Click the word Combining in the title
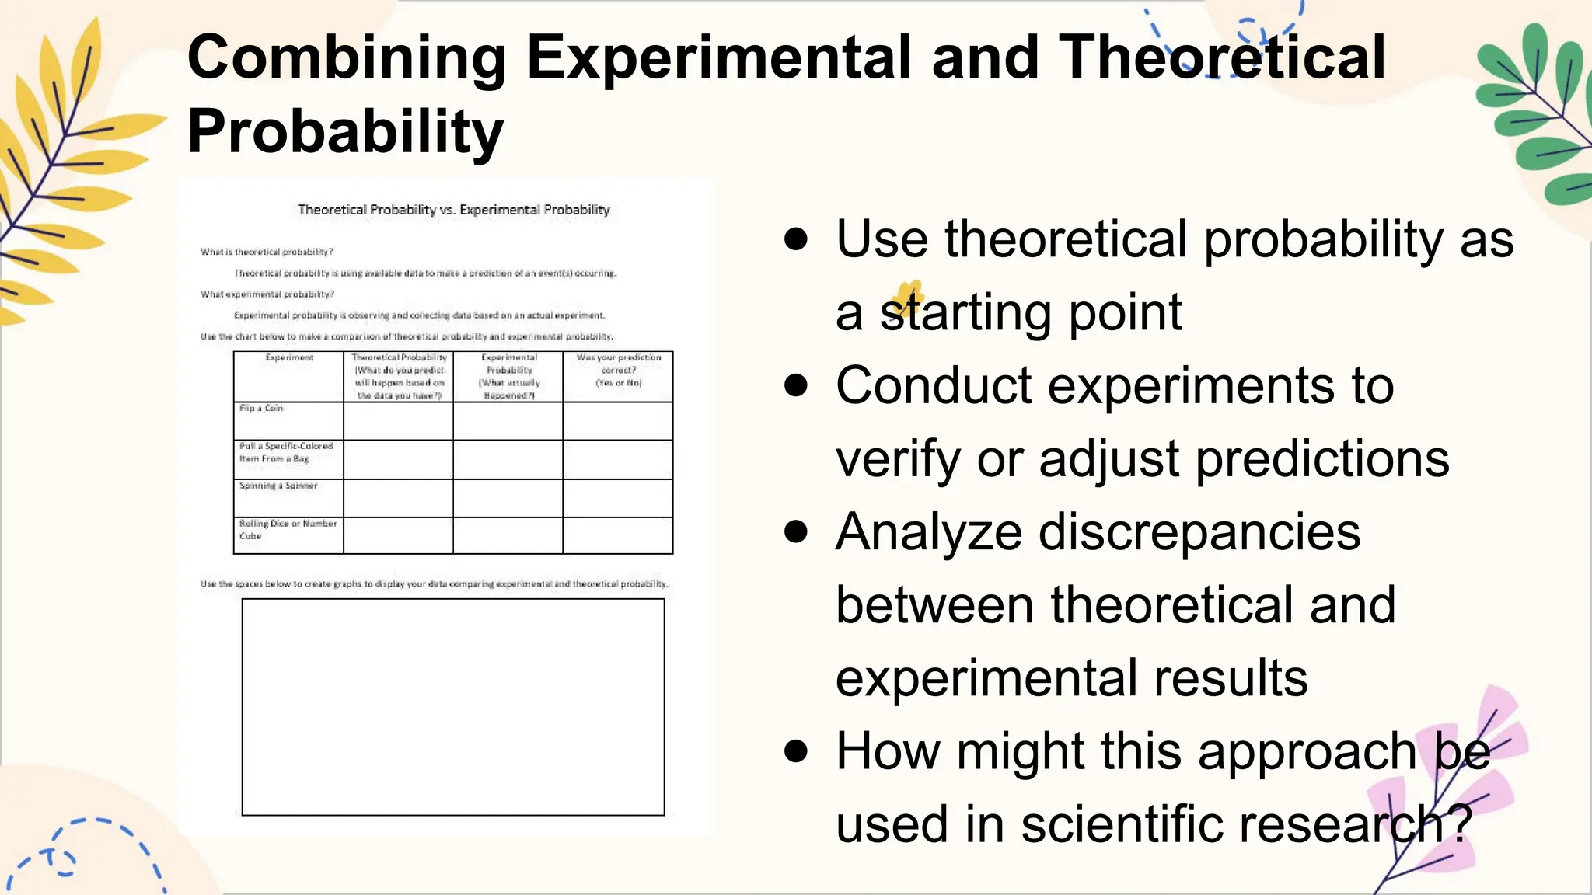tap(347, 58)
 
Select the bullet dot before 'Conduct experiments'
tap(795, 385)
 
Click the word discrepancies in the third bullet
tap(1199, 533)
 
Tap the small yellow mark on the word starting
tap(907, 297)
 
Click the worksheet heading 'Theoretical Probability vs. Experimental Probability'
tap(453, 210)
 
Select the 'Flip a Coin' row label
tap(261, 408)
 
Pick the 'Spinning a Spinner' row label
tap(278, 486)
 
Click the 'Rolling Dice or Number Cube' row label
tap(287, 529)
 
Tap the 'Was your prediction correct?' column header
tap(618, 370)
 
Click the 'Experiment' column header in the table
tap(289, 358)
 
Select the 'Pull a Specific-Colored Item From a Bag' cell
tap(285, 452)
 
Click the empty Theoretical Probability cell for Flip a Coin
tap(398, 421)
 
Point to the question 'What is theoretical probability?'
tap(267, 252)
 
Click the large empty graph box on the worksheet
tap(453, 707)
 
